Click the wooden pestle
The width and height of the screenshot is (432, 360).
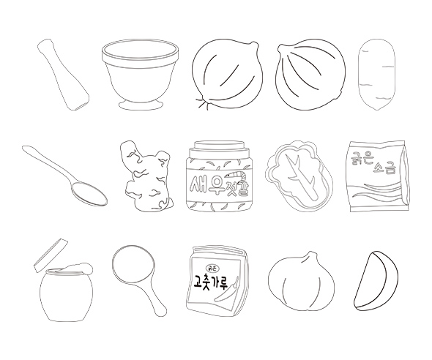pos(63,75)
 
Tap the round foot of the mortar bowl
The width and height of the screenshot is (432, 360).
pos(141,105)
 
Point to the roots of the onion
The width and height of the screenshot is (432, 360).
pos(202,103)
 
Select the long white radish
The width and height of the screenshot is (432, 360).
pos(376,75)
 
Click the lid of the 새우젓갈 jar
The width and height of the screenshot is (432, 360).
pos(220,145)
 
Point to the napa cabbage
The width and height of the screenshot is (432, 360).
pos(299,176)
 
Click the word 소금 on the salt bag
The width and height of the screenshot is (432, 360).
pos(384,168)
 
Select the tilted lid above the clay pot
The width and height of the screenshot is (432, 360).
pos(51,255)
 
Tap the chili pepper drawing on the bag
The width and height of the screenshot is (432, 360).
pos(227,292)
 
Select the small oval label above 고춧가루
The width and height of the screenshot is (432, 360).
pos(212,267)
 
